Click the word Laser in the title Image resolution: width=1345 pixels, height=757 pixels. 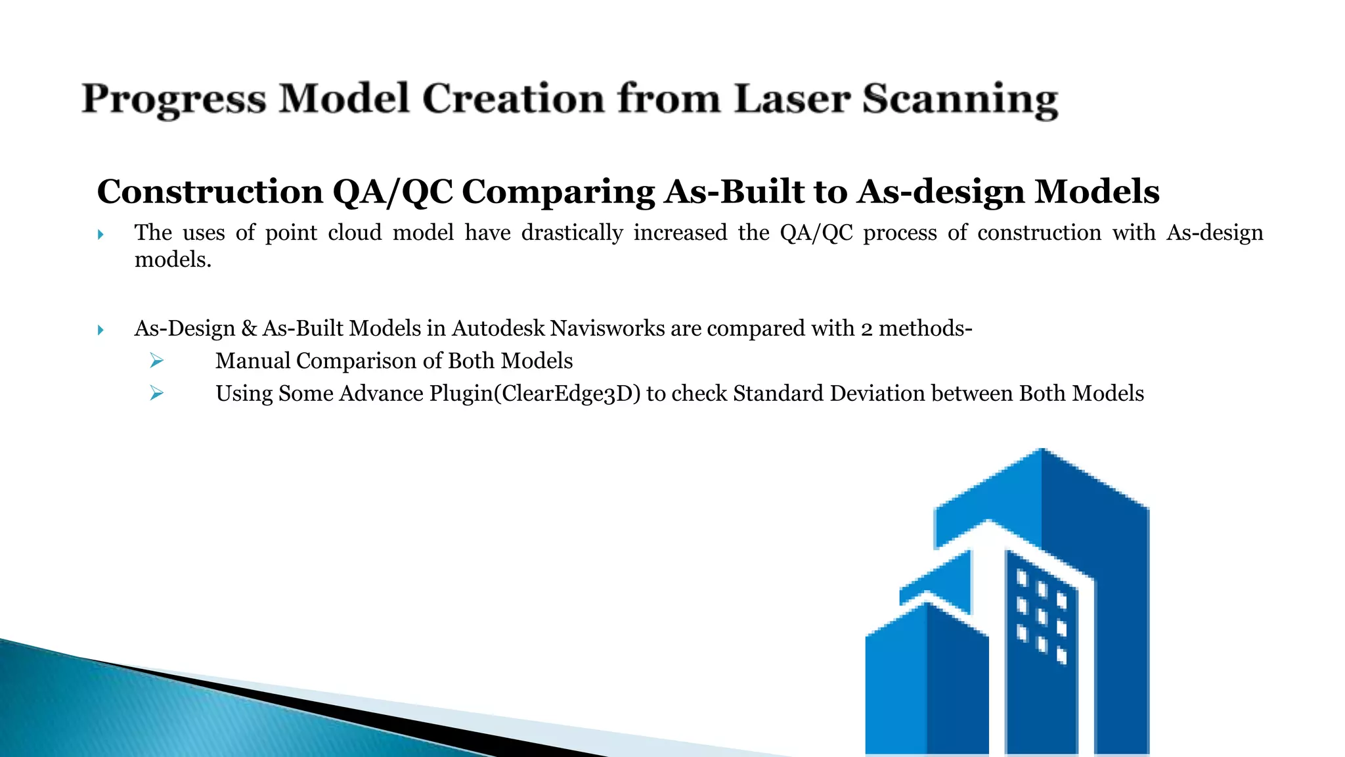coord(792,99)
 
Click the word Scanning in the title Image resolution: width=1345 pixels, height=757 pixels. coord(959,101)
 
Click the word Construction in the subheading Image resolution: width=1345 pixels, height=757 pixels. coord(209,192)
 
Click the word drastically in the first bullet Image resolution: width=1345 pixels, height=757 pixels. coord(571,233)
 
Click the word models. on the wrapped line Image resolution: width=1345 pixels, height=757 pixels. coord(173,260)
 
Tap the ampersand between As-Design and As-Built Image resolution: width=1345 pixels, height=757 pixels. coord(249,328)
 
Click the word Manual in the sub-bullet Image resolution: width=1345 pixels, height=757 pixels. coord(253,361)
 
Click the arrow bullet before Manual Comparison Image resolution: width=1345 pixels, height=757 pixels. coord(156,360)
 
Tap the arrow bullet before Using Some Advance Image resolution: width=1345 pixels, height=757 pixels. coord(156,393)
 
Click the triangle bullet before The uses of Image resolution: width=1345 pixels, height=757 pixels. coord(100,234)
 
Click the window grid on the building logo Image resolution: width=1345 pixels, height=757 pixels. coord(1042,615)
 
